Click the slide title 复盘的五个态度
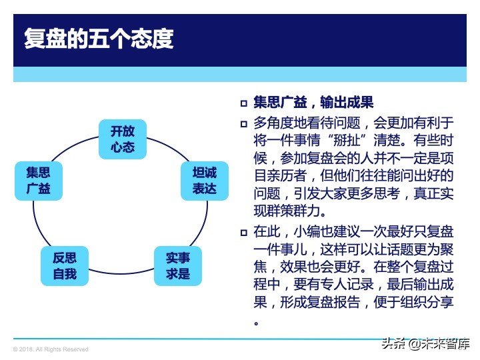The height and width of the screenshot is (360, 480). pos(99,39)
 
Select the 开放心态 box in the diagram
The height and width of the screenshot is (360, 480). pos(123,139)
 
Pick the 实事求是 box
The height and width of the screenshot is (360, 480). pos(178,266)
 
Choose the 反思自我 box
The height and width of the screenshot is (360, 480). pos(65,266)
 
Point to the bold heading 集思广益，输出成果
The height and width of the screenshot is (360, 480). pos(313,103)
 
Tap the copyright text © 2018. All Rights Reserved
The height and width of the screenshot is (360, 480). pos(51,349)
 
